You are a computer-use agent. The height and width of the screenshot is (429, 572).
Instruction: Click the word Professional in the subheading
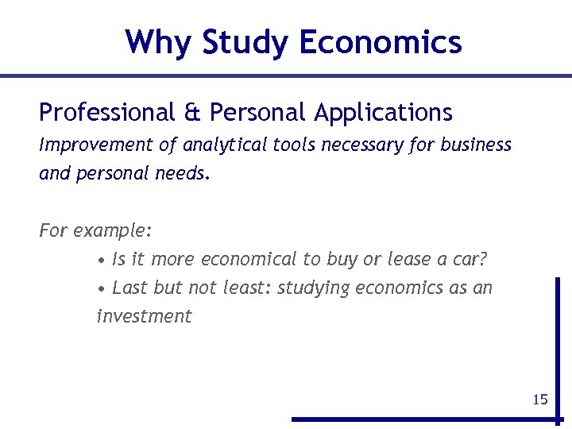106,113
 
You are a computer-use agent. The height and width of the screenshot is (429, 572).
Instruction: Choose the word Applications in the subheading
383,113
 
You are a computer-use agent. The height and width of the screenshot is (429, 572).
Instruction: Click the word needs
186,174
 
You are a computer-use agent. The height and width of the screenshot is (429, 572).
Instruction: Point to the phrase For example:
95,232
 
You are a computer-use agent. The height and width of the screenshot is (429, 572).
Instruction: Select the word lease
408,260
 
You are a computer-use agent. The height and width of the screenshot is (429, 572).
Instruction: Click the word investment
144,316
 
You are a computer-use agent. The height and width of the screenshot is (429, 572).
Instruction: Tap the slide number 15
540,400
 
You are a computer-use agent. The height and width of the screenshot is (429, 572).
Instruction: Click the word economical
248,260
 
